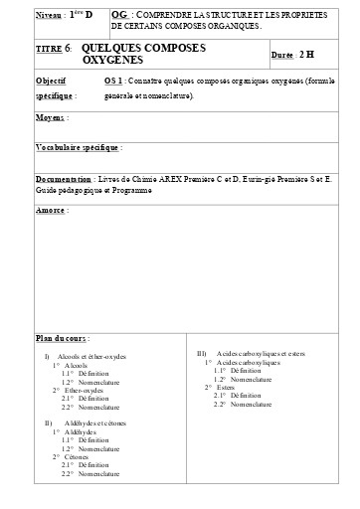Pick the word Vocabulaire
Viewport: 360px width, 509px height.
pos(59,146)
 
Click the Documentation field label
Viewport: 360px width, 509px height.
pos(63,179)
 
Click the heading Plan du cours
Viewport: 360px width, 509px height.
pos(63,338)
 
